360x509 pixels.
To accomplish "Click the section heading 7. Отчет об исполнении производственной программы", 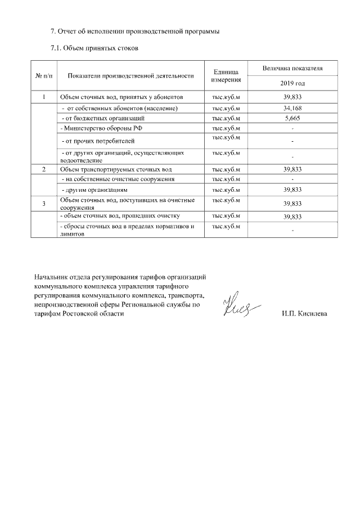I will click(x=134, y=31).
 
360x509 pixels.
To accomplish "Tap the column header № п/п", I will click(x=44, y=75).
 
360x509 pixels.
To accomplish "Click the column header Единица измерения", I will click(x=226, y=75).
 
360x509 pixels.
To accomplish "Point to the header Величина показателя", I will click(x=292, y=68).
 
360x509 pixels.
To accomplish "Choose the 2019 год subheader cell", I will click(x=292, y=83).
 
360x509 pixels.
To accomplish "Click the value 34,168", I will click(x=293, y=108).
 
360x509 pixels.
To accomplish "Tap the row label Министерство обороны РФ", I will click(x=101, y=128).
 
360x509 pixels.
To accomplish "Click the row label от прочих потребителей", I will click(x=98, y=140).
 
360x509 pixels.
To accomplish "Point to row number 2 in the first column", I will click(x=44, y=169).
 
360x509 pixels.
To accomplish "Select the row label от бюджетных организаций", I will click(x=103, y=118).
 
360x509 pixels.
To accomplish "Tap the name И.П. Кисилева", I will click(x=304, y=314).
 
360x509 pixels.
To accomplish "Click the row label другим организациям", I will click(x=99, y=190).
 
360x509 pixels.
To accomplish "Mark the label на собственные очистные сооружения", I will click(x=117, y=179).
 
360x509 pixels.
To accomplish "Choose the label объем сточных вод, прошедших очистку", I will click(x=119, y=215).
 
